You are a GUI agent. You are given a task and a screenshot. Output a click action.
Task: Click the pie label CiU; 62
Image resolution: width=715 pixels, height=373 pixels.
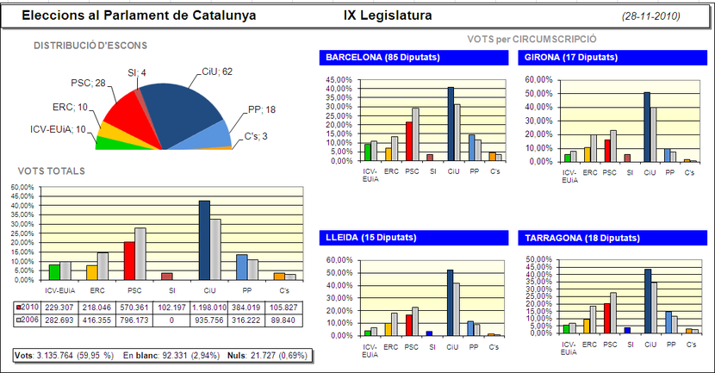tap(215, 71)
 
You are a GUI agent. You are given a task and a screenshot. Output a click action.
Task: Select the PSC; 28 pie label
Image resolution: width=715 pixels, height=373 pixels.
tap(87, 83)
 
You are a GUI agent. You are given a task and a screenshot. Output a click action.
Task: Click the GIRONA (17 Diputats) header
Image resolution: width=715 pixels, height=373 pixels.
tap(569, 58)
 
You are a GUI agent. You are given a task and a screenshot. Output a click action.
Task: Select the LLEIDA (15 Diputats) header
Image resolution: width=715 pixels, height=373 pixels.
tap(370, 237)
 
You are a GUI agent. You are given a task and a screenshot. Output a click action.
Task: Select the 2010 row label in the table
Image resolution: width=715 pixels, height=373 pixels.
tap(28, 308)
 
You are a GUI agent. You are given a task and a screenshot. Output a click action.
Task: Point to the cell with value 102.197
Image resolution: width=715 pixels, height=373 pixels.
tap(171, 308)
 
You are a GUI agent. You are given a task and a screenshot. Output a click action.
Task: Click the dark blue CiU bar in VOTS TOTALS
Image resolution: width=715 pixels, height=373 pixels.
tap(204, 240)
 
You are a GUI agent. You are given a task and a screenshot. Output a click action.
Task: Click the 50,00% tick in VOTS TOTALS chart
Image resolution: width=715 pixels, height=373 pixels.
tap(25, 186)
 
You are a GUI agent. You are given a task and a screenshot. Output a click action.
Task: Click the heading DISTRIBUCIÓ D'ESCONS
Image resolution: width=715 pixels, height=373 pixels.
tap(90, 45)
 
